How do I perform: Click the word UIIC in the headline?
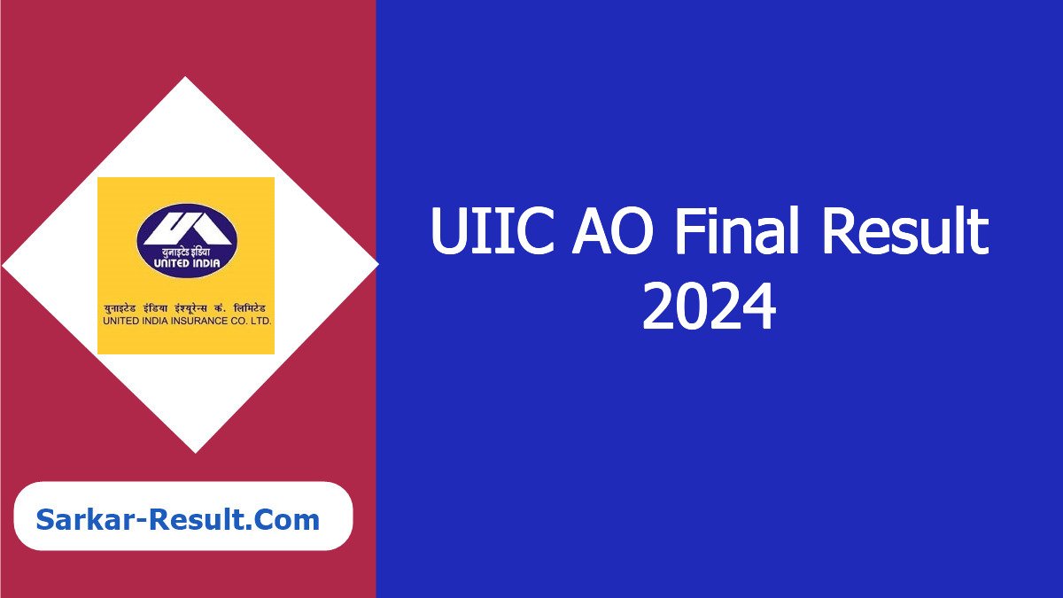pyautogui.click(x=493, y=231)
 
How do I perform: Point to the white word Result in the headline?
pyautogui.click(x=906, y=229)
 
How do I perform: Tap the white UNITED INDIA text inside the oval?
pyautogui.click(x=187, y=263)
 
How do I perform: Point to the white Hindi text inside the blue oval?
pyautogui.click(x=186, y=252)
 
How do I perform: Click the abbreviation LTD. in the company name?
pyautogui.click(x=260, y=322)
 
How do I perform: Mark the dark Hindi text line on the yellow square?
pyautogui.click(x=185, y=309)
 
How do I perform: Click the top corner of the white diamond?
pyautogui.click(x=185, y=76)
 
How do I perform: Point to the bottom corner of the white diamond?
pyautogui.click(x=196, y=454)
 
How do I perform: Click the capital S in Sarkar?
pyautogui.click(x=44, y=520)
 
